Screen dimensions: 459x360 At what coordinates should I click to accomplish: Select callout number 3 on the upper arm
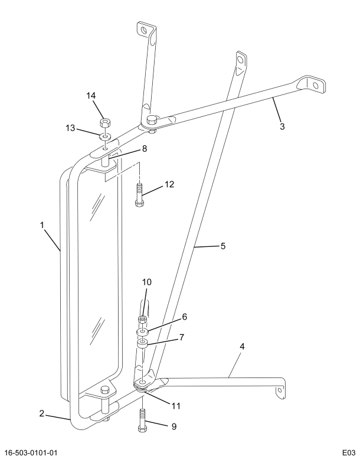(x=282, y=126)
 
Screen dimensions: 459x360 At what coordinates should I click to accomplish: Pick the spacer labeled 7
(x=142, y=343)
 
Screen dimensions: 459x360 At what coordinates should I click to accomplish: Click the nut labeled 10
(x=142, y=320)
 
